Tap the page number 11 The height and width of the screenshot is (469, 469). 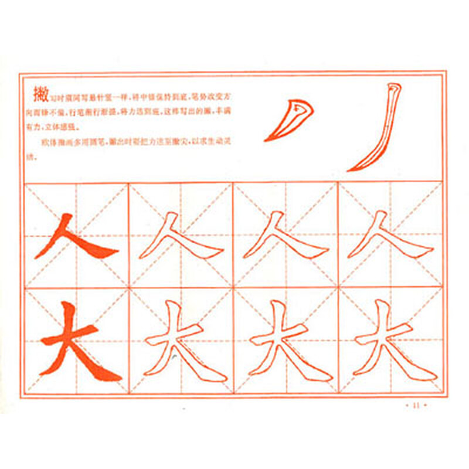click(417, 404)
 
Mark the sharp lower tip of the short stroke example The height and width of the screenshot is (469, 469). click(266, 140)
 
